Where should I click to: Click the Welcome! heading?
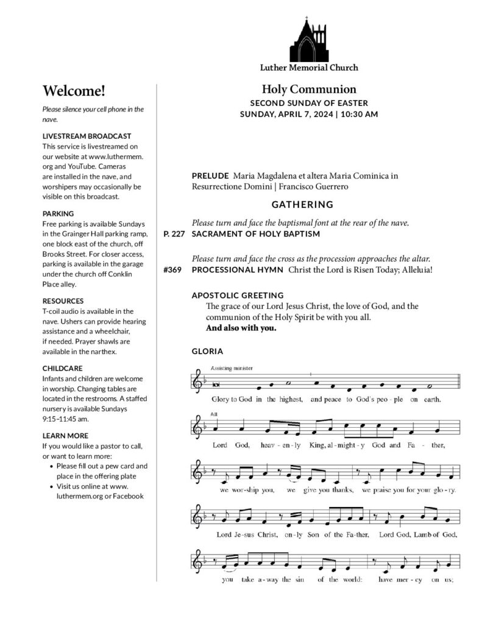74,91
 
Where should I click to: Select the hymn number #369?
173,270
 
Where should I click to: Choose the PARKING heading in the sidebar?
57,214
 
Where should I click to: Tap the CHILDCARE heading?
62,369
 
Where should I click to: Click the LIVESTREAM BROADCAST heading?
87,136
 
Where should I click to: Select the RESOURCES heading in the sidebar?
63,301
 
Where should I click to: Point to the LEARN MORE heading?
65,436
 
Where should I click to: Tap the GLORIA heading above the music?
207,352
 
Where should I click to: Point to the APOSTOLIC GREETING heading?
238,296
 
